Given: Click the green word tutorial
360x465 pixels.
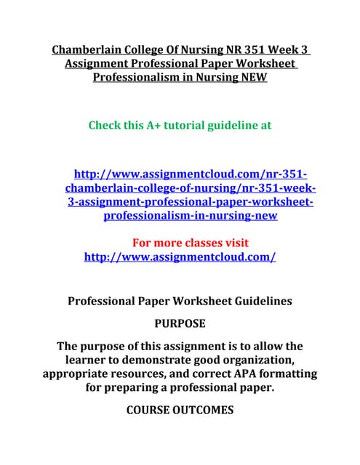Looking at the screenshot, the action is (x=191, y=125).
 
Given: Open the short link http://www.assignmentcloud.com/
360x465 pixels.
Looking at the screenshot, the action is (x=180, y=256).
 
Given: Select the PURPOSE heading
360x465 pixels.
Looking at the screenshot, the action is (x=180, y=323).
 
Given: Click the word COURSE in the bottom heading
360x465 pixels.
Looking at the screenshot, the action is (x=153, y=410).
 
